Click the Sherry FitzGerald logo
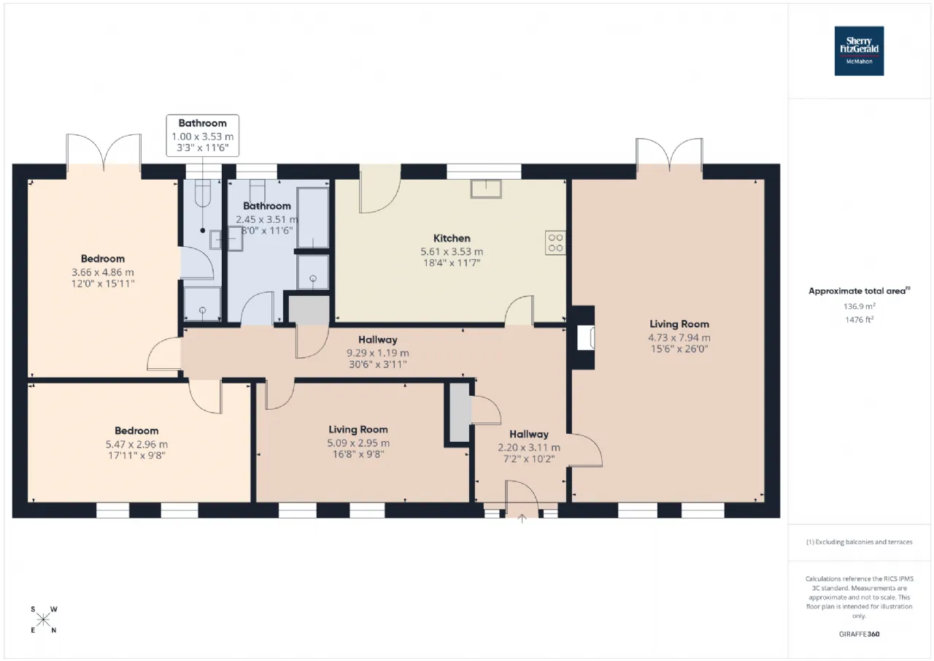[859, 51]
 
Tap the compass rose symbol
[43, 619]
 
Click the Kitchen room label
[452, 238]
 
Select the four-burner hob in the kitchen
[555, 243]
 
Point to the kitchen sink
[486, 188]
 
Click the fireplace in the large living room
[585, 337]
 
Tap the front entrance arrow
[522, 519]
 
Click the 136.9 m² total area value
[860, 306]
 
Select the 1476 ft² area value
[859, 320]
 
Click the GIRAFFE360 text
[859, 634]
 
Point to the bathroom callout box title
[203, 123]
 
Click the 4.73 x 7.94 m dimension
[679, 337]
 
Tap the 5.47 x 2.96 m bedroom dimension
[136, 444]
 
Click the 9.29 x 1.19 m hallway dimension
[378, 353]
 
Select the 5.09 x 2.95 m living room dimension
[358, 443]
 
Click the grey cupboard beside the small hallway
[460, 412]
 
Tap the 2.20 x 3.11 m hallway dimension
[529, 448]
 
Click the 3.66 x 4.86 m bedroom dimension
[103, 272]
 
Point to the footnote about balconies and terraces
[859, 542]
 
